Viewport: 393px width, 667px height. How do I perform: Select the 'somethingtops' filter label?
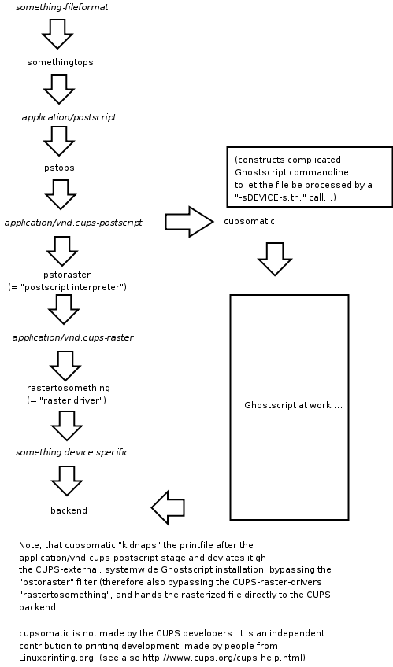tap(60, 61)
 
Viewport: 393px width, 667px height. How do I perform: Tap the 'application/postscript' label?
tap(69, 116)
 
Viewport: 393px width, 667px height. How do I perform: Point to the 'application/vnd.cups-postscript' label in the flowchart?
tap(73, 223)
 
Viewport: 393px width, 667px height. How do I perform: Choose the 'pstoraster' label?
tap(67, 275)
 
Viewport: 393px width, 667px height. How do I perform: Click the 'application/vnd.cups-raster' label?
tap(72, 337)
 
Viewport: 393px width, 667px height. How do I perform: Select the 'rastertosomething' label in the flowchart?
tap(69, 388)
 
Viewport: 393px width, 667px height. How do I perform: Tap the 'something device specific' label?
tap(72, 452)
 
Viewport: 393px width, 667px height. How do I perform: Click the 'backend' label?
tap(69, 510)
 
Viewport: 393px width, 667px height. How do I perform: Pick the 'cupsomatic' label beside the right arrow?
tap(249, 222)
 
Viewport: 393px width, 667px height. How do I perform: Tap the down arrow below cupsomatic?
tap(275, 258)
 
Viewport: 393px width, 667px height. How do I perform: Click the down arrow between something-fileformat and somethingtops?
tap(57, 33)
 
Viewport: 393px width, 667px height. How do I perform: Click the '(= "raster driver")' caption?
tap(66, 400)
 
